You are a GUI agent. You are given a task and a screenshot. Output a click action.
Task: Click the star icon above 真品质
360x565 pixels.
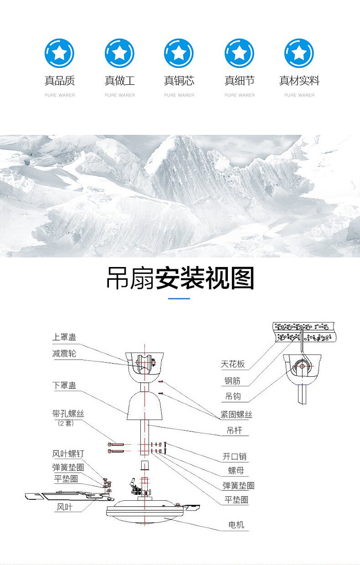[x=59, y=53]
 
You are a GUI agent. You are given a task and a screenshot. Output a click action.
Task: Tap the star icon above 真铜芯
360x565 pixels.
[x=179, y=53]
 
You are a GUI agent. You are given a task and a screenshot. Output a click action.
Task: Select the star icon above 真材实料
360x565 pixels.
[x=299, y=53]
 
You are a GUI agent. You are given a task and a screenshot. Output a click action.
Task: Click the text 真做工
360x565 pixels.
[x=119, y=81]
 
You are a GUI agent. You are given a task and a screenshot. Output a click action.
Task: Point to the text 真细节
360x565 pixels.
[x=239, y=81]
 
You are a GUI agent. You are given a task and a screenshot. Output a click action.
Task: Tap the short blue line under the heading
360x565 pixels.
[x=179, y=298]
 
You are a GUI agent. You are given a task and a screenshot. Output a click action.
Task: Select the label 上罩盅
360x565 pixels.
[x=64, y=338]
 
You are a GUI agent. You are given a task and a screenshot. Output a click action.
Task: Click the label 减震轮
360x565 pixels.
[x=64, y=353]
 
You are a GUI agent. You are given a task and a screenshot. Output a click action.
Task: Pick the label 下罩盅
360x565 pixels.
[x=64, y=385]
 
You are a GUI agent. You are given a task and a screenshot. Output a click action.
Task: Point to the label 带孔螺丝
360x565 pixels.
[x=68, y=414]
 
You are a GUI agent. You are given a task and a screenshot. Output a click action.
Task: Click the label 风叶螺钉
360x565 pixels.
[x=68, y=453]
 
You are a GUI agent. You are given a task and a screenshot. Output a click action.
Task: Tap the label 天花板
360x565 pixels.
[x=233, y=364]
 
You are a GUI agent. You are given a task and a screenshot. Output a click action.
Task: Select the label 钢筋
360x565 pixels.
[x=232, y=380]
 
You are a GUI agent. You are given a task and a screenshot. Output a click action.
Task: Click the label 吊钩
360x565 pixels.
[x=233, y=396]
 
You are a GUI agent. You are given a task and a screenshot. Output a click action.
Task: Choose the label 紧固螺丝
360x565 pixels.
[x=236, y=414]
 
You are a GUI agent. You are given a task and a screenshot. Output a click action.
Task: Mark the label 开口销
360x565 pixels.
[x=235, y=457]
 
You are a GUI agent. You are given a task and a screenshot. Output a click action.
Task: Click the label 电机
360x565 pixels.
[x=236, y=525]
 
